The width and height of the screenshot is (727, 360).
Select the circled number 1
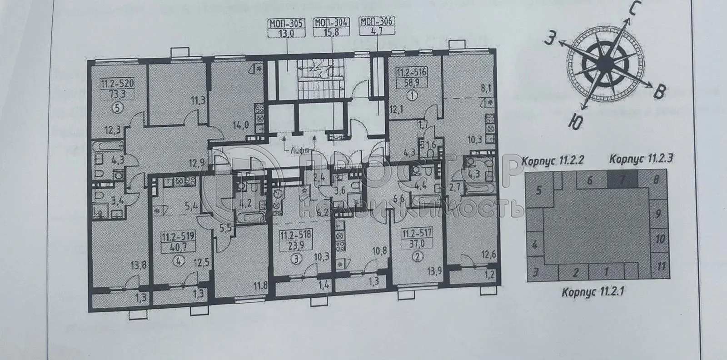[413, 96]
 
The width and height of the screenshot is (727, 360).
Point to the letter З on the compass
[551, 40]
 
